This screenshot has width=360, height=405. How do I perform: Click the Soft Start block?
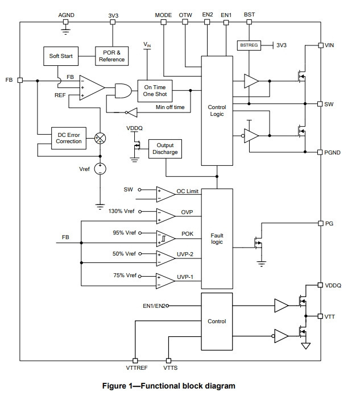coord(61,56)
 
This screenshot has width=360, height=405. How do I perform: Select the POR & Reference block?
coord(111,56)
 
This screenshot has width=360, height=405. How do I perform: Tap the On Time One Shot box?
coord(155,91)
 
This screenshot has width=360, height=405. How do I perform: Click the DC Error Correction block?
coord(69,138)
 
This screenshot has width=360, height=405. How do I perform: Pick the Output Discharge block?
coord(165,149)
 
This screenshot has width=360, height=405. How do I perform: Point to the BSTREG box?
coord(249,45)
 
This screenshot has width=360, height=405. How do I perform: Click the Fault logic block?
coord(217,239)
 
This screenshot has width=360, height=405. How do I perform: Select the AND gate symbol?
coord(123,91)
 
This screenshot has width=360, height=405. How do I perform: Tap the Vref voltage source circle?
coord(100,169)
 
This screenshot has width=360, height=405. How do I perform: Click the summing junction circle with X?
coord(100,138)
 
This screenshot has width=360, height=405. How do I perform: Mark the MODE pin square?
coord(163,22)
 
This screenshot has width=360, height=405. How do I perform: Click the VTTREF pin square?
coord(135,361)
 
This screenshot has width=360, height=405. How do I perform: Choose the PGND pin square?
coord(320,152)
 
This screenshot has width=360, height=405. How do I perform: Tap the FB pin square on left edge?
coord(20,80)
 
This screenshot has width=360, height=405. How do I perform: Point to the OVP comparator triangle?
coord(165,216)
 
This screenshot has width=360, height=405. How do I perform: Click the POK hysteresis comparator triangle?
coord(165,239)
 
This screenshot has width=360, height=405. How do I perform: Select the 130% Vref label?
coord(121,211)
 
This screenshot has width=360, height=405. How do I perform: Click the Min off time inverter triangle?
coord(133,112)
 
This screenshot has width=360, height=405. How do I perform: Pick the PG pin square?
coord(321,223)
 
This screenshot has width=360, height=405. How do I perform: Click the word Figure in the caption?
coord(114,386)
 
